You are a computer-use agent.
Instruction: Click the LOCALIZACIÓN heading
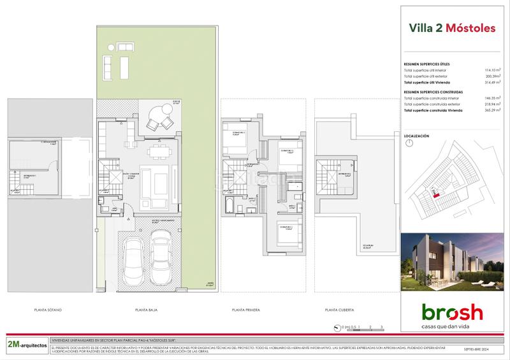417,136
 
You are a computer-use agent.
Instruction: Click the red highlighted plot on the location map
436,196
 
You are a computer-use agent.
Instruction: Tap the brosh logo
452,313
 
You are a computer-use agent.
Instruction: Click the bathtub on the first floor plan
227,205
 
